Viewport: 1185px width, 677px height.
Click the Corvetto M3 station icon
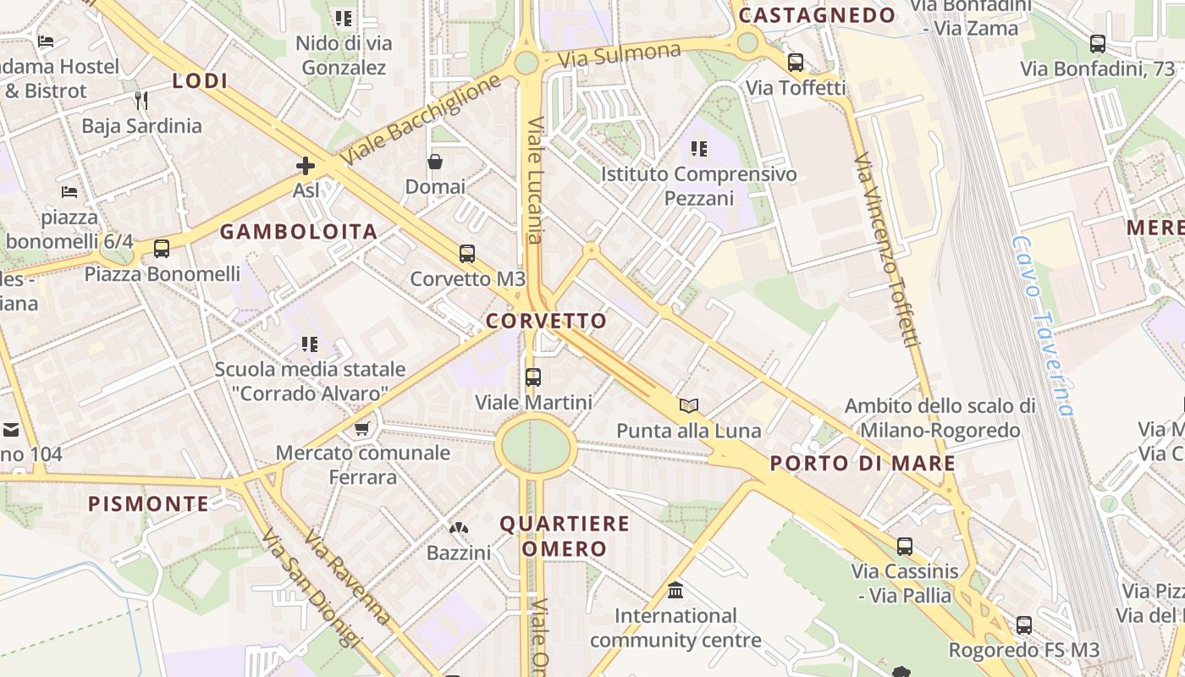466,254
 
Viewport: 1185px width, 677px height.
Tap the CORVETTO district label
547,322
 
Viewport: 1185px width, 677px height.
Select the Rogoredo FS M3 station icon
1023,625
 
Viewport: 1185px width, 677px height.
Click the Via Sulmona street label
620,56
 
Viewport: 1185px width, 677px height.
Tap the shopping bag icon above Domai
435,162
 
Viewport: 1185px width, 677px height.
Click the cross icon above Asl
306,166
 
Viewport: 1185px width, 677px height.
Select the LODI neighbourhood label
201,81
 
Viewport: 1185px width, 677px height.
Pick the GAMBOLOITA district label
299,232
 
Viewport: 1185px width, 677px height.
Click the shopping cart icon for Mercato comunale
362,428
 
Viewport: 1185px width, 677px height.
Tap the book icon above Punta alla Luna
689,405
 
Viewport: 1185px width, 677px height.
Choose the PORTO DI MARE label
863,464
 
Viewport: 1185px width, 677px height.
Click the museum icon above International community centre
675,590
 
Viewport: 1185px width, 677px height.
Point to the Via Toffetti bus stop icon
795,62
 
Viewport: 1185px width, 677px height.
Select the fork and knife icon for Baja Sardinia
141,101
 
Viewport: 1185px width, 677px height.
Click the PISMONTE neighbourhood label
149,504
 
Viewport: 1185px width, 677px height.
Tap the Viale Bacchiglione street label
422,118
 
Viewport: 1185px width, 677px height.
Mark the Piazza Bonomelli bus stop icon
161,249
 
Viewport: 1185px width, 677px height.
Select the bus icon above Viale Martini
532,377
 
